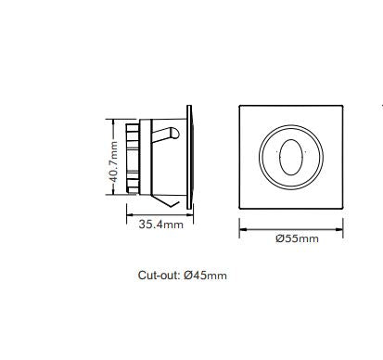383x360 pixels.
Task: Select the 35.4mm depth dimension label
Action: pyautogui.click(x=160, y=225)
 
